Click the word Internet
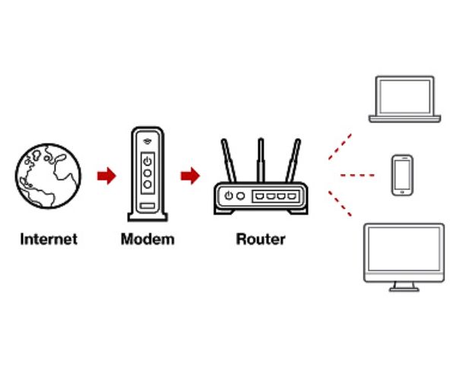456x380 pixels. [x=49, y=239]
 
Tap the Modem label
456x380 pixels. [x=147, y=239]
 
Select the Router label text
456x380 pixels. [x=261, y=239]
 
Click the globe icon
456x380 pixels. [x=49, y=176]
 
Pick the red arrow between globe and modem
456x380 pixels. [x=106, y=176]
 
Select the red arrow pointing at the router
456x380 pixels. [x=189, y=176]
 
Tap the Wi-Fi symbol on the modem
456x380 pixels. [x=147, y=141]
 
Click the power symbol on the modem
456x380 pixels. [x=147, y=160]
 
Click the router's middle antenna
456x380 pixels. [x=261, y=160]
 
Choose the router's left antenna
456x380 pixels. [x=227, y=161]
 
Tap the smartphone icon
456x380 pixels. [x=401, y=175]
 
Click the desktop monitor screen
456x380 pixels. [x=404, y=252]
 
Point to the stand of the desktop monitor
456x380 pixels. [x=404, y=286]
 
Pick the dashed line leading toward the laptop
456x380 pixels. [x=340, y=147]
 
